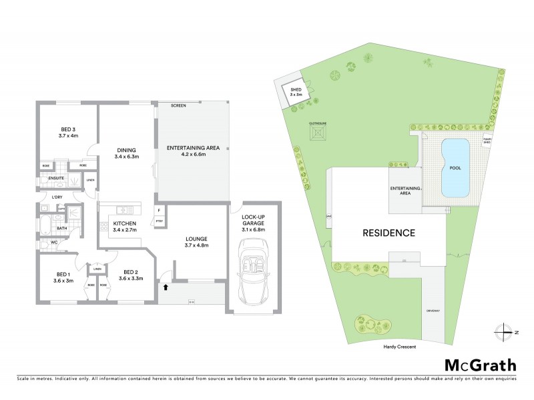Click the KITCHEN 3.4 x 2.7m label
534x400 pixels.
click(x=125, y=227)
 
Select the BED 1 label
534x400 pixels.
click(x=63, y=278)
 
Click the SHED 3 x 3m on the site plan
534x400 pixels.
click(x=296, y=93)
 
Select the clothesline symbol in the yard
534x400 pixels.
click(x=316, y=133)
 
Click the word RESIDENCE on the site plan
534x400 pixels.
click(x=388, y=233)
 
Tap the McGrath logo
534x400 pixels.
click(x=479, y=365)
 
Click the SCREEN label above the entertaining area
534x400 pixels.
click(x=178, y=106)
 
